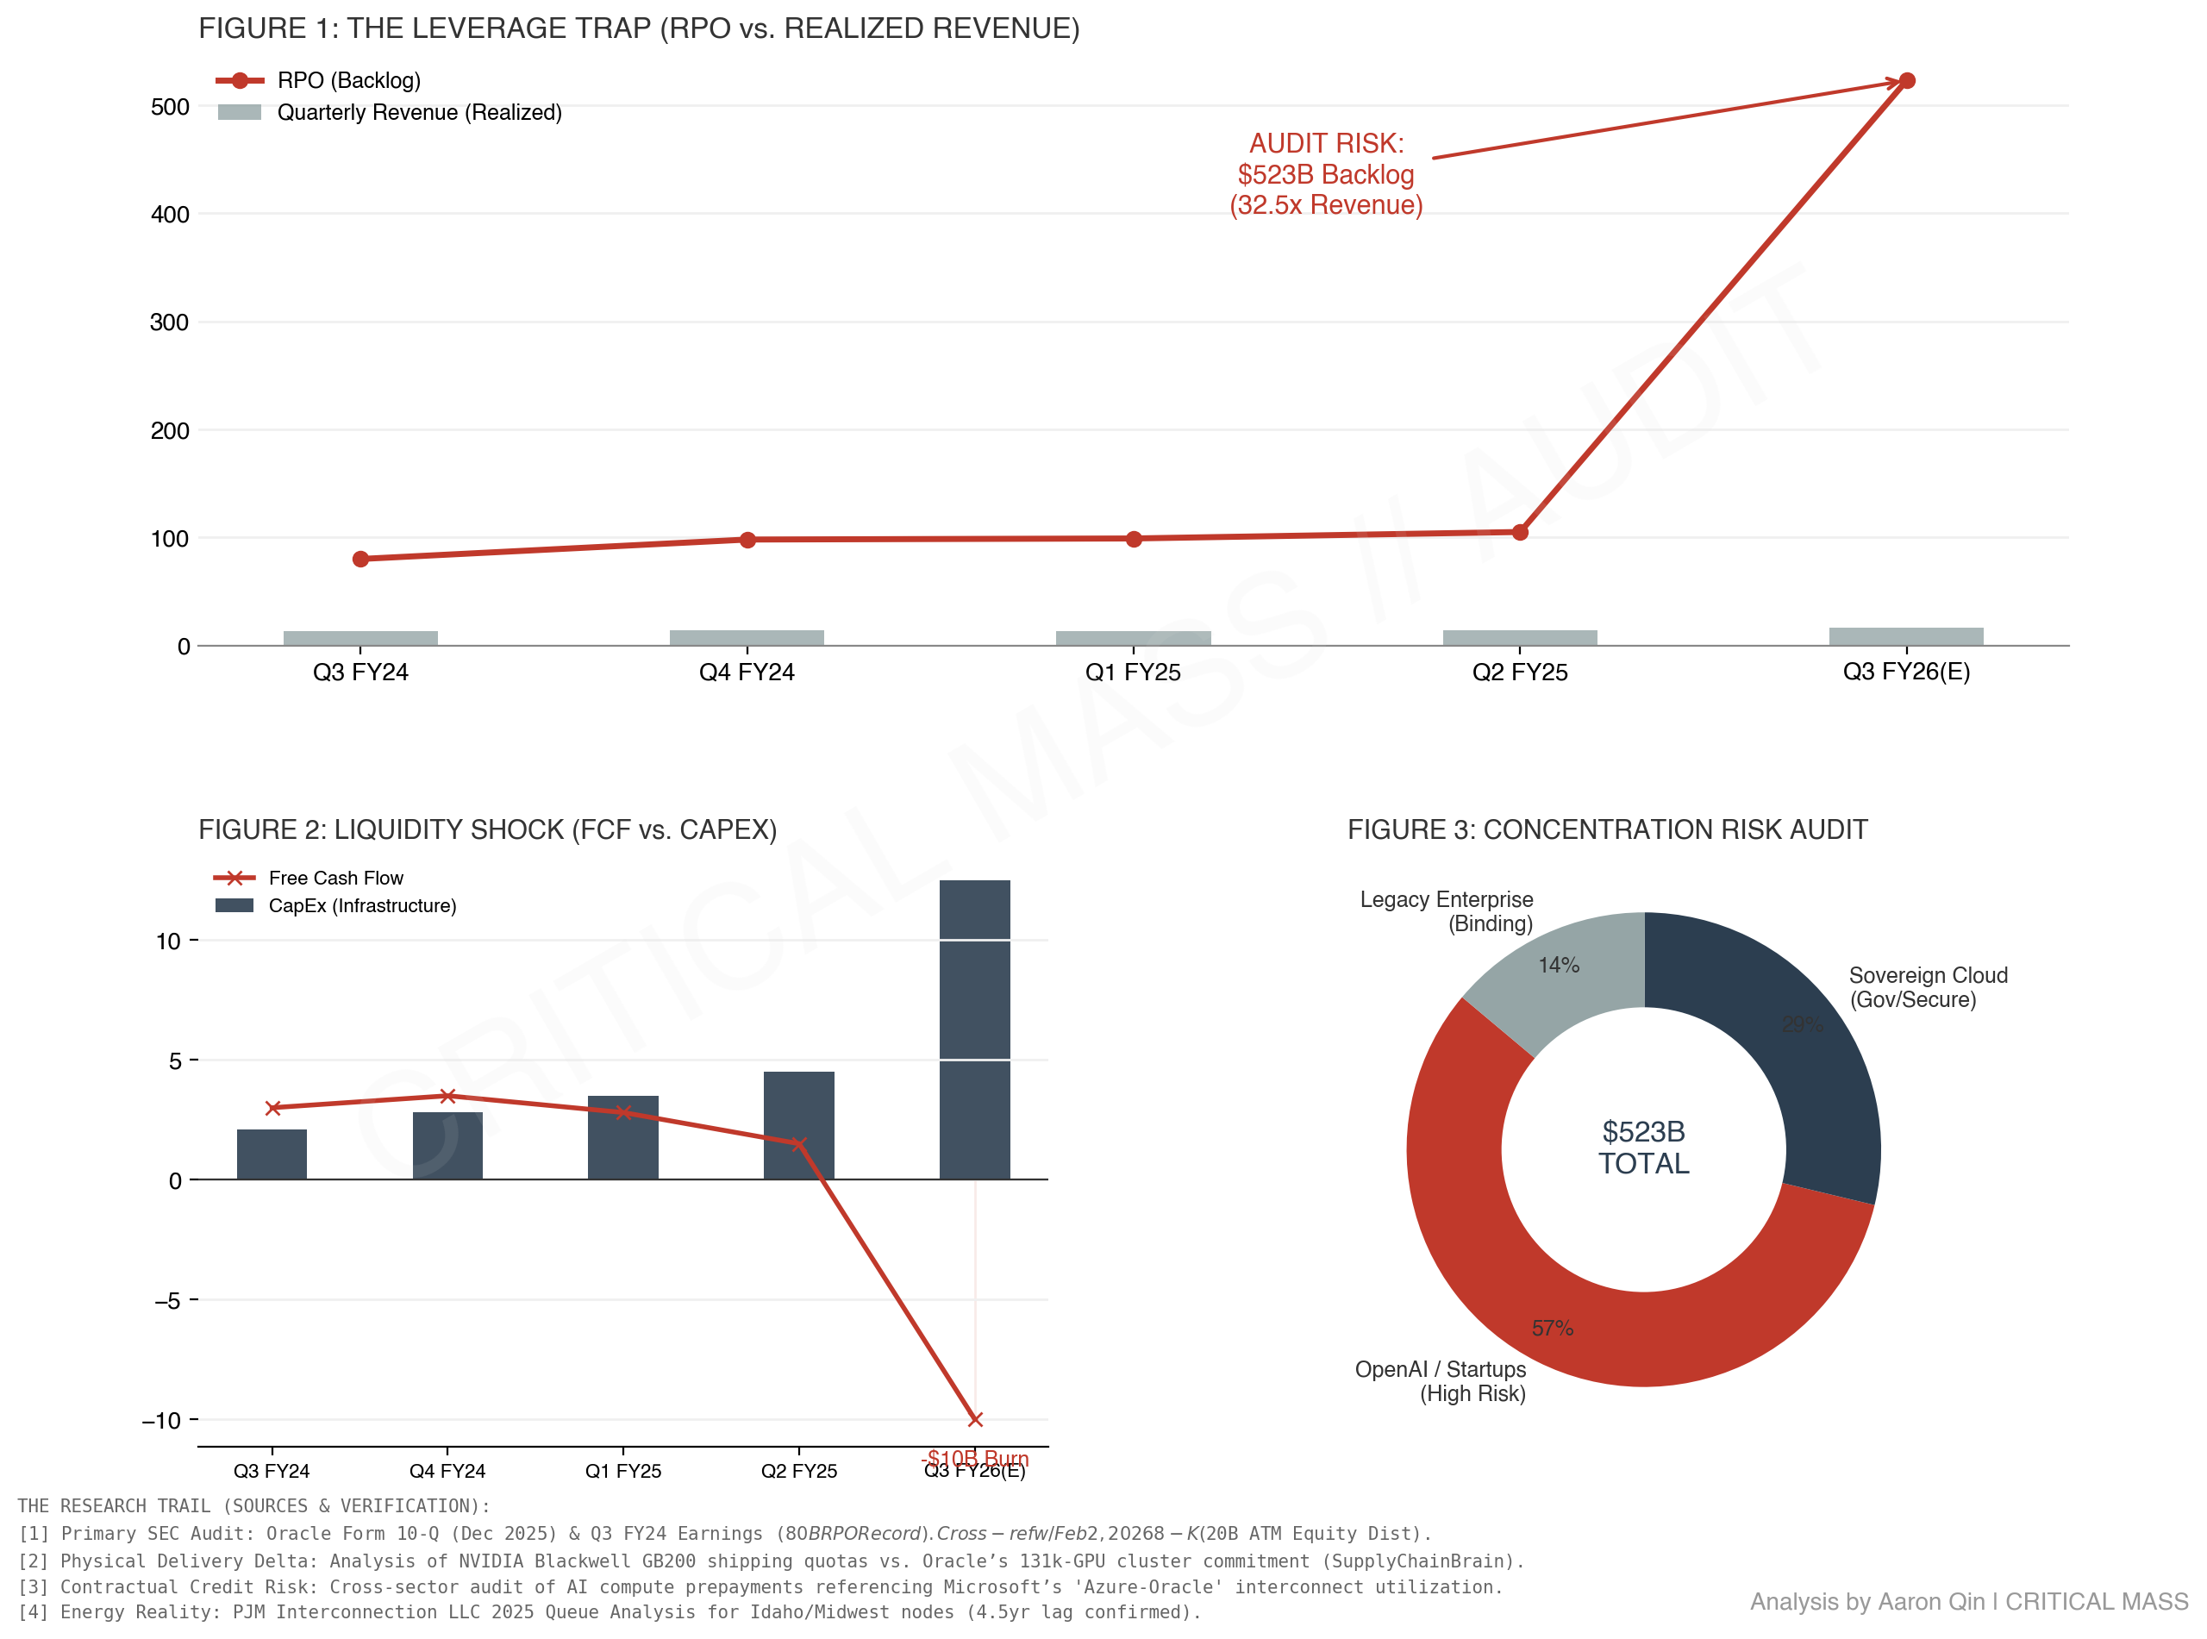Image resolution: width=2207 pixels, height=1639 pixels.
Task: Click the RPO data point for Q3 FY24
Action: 360,559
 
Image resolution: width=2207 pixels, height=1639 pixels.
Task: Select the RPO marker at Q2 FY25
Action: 1519,532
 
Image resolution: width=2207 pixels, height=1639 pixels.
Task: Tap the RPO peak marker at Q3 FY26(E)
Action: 1905,80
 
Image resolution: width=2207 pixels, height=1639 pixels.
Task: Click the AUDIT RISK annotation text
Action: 1325,173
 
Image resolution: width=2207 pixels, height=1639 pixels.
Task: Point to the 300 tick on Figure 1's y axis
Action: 169,322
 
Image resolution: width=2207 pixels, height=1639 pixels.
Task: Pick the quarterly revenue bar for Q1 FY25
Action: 1133,638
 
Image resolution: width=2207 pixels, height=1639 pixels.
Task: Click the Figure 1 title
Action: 639,28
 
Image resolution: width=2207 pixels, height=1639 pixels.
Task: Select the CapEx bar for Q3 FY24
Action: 272,1154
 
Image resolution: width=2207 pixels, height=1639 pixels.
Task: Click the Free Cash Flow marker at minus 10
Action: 974,1419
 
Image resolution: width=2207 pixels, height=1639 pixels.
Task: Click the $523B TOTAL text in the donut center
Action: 1642,1147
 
